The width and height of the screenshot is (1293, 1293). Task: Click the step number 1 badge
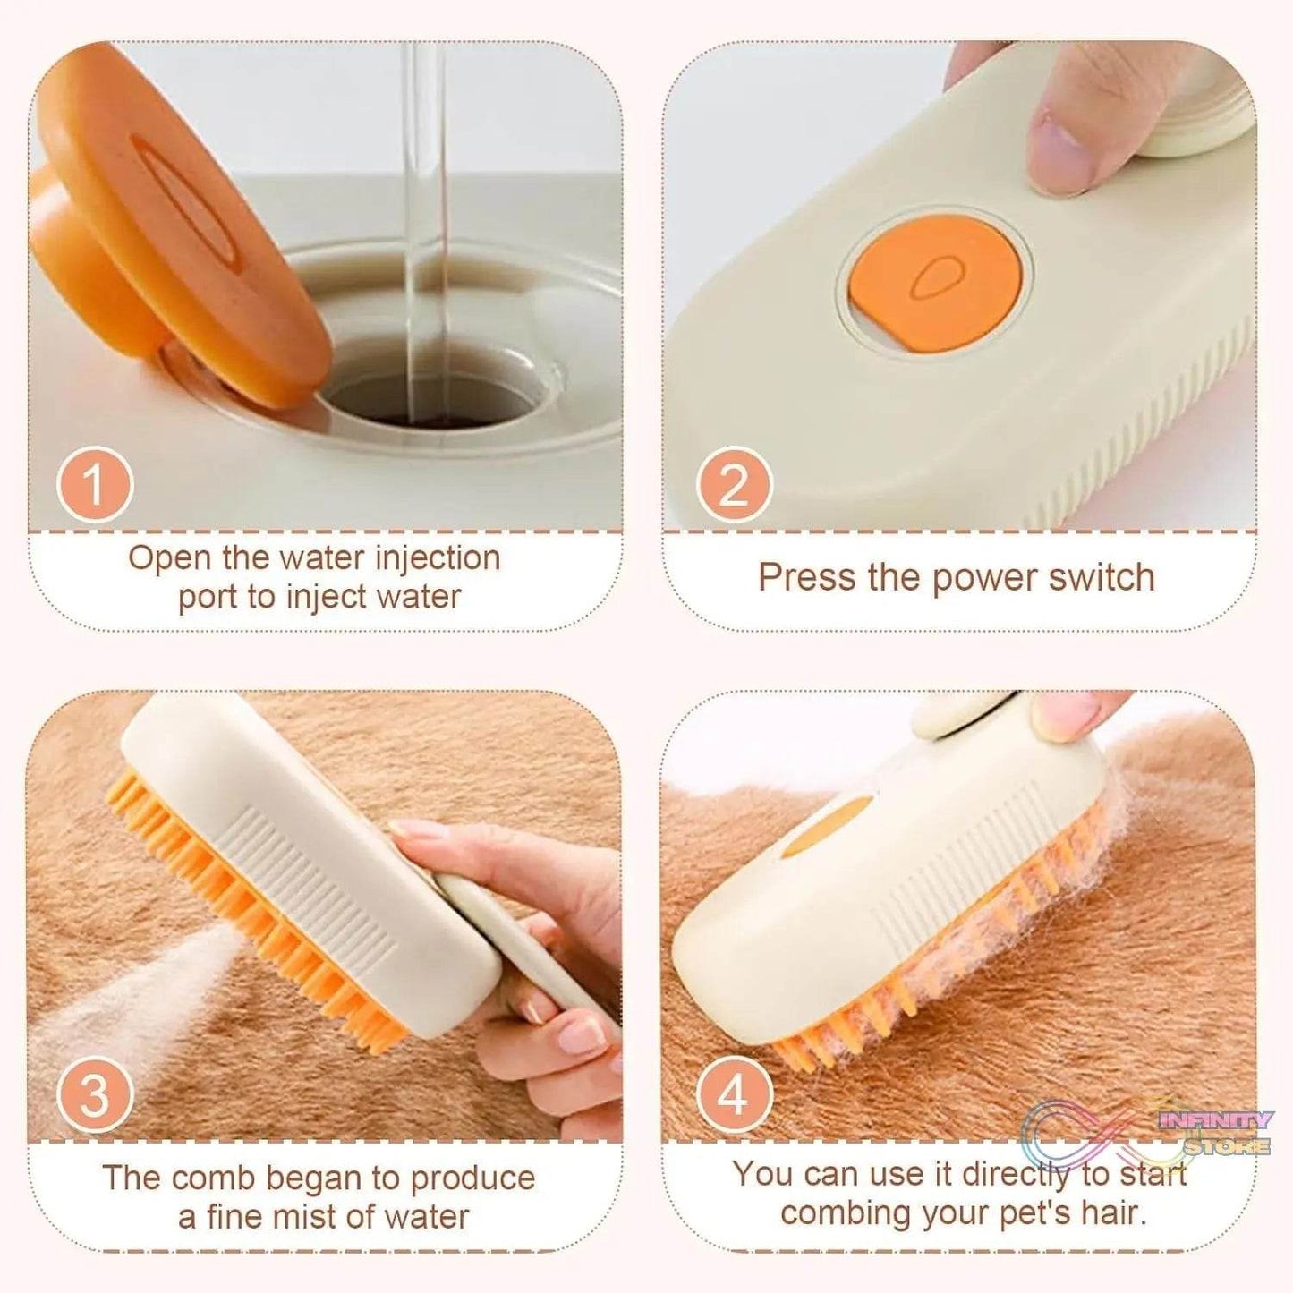coord(95,485)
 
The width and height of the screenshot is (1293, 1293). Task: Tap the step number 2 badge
coord(735,485)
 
